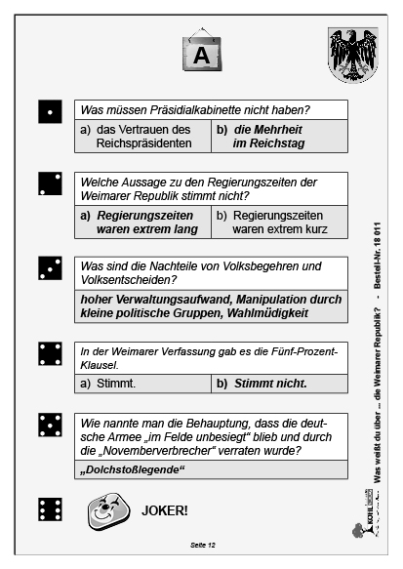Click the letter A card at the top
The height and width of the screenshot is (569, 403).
202,55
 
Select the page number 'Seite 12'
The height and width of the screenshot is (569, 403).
202,543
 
